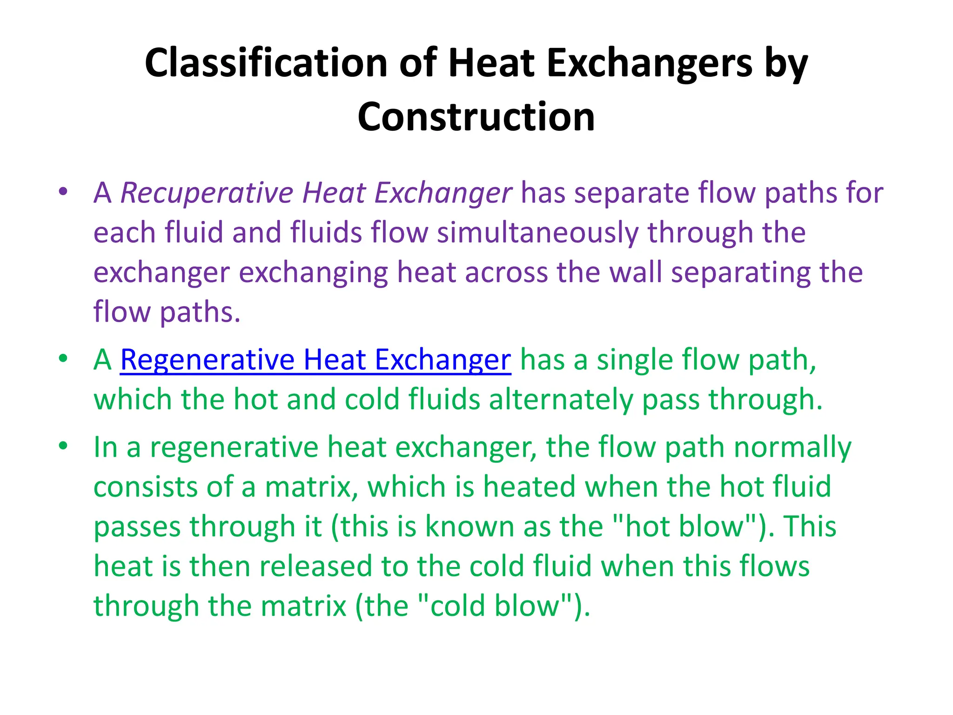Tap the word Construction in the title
[x=476, y=117]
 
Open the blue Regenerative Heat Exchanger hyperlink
[x=315, y=360]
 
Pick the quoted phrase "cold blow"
[x=495, y=606]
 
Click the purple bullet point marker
[x=63, y=192]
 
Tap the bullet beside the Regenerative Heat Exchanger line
[x=63, y=359]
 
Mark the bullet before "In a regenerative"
[x=63, y=446]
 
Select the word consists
[x=146, y=487]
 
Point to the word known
[x=470, y=526]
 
